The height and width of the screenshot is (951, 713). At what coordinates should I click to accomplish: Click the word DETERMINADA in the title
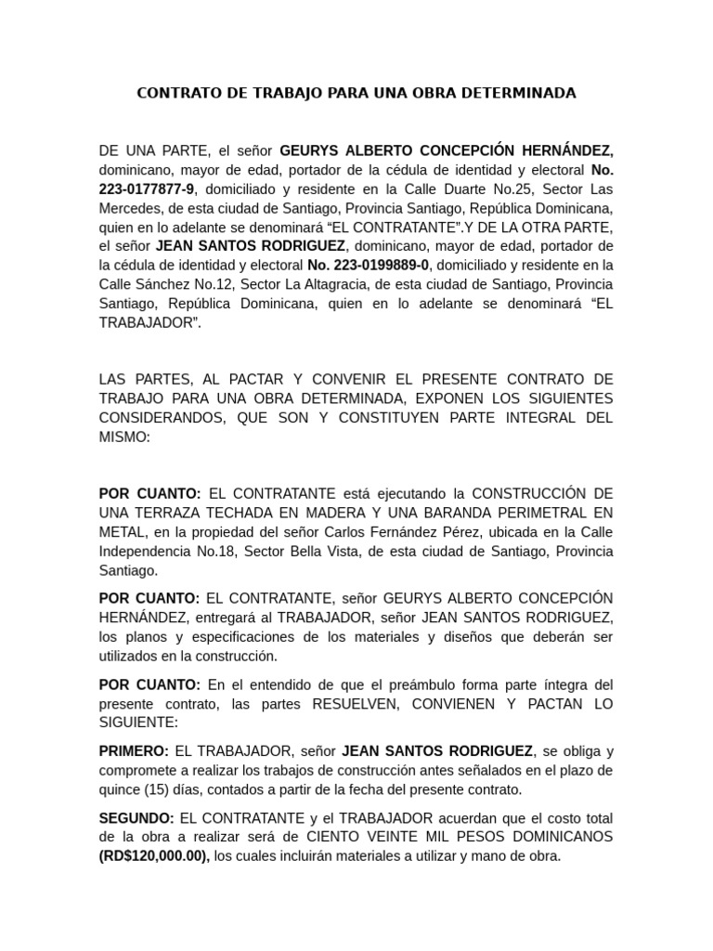(x=521, y=93)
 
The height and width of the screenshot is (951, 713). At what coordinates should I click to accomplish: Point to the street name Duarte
(x=456, y=189)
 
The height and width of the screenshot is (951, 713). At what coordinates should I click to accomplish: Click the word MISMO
(x=123, y=436)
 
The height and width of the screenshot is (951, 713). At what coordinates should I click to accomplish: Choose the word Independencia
(x=147, y=551)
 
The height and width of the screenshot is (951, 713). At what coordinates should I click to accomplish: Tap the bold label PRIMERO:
(x=134, y=750)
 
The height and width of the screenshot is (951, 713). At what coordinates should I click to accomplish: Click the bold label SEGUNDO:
(x=136, y=817)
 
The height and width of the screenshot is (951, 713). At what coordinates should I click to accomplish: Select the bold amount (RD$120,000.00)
(x=154, y=856)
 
